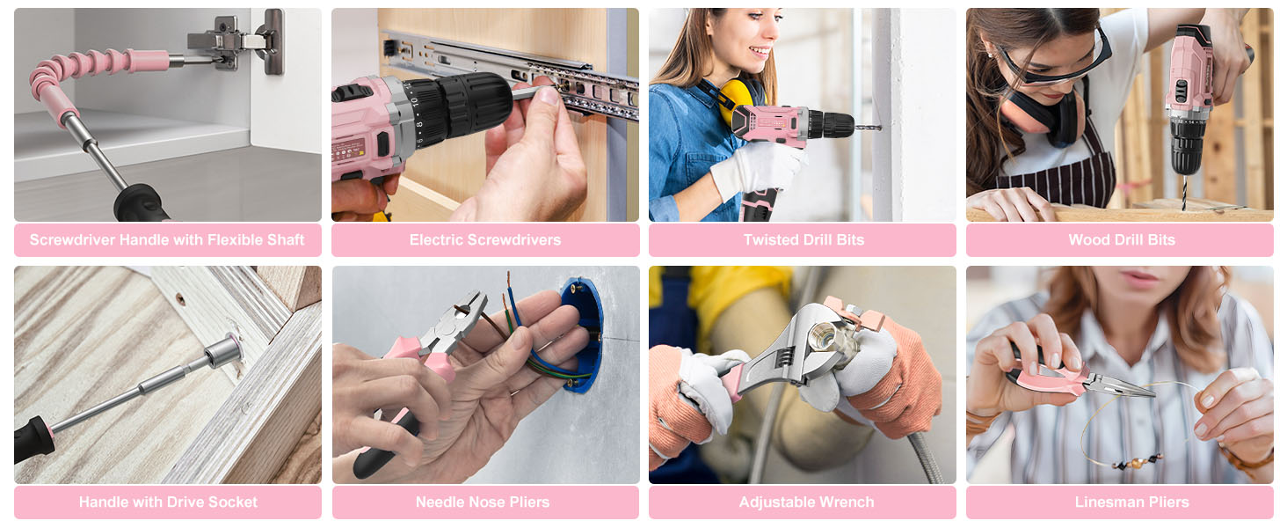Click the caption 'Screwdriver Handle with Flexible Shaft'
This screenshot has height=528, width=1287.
point(167,240)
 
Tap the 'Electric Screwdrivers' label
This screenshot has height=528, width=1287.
point(485,240)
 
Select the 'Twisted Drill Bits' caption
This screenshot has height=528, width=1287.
point(803,240)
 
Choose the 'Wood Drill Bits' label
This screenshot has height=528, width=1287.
point(1122,240)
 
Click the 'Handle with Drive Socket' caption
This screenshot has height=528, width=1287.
point(168,502)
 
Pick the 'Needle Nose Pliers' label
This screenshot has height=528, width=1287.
point(483,502)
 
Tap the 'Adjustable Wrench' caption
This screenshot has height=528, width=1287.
point(806,502)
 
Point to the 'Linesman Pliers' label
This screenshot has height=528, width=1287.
point(1132,502)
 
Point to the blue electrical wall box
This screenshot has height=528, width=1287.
point(581,335)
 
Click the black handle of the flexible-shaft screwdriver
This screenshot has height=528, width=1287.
point(141,204)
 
